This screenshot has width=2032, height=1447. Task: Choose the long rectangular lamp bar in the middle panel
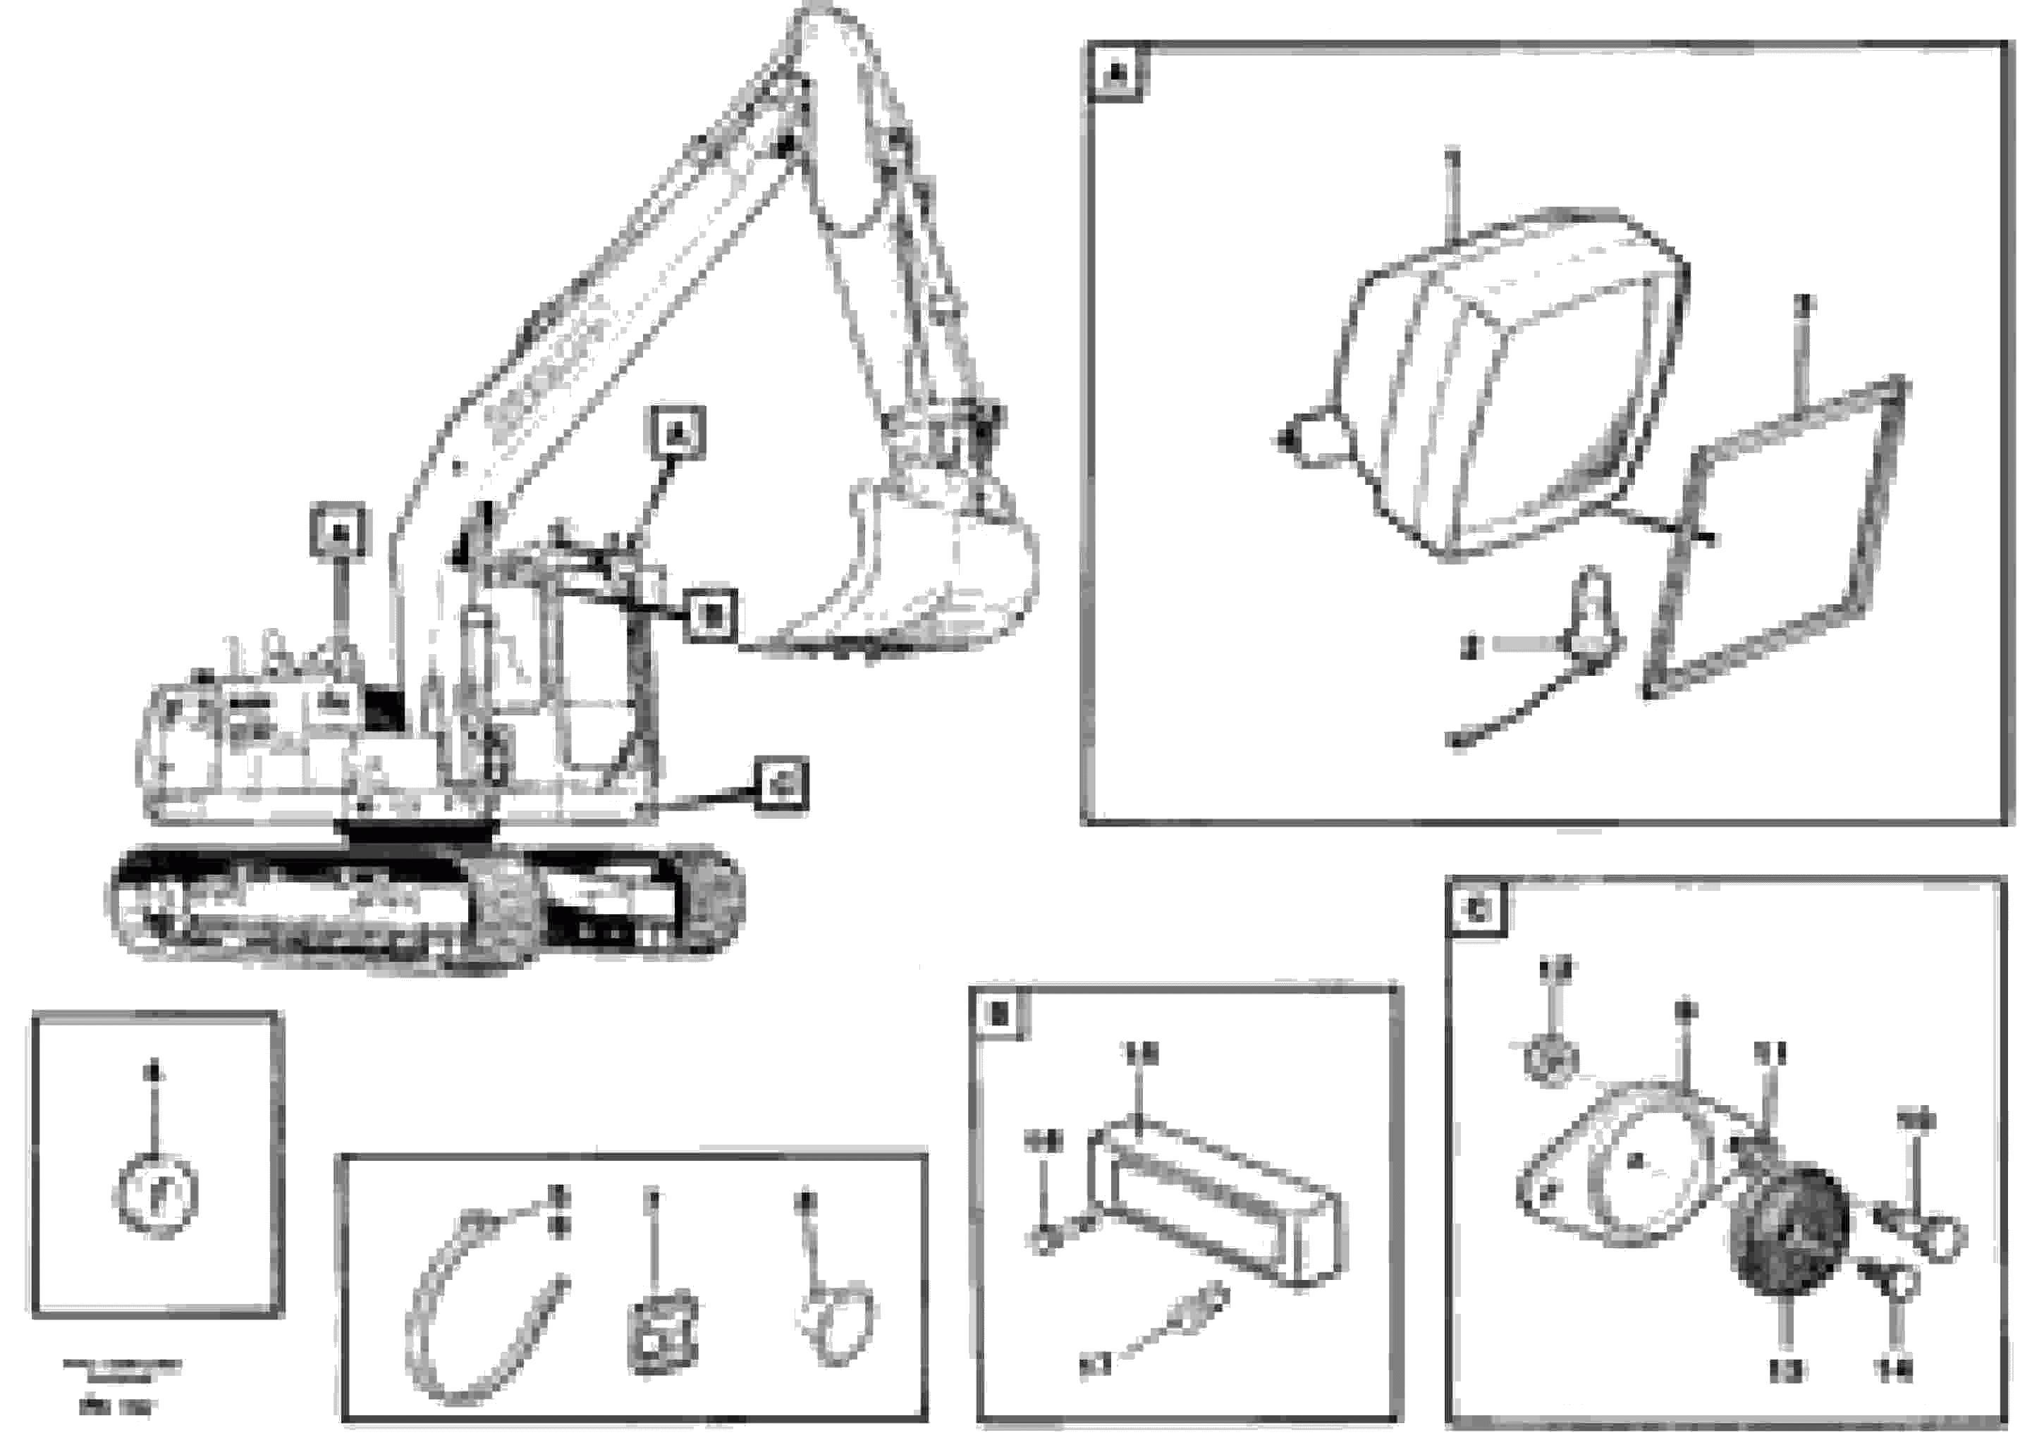[x=1216, y=1203]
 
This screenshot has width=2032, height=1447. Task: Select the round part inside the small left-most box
[x=158, y=1194]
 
